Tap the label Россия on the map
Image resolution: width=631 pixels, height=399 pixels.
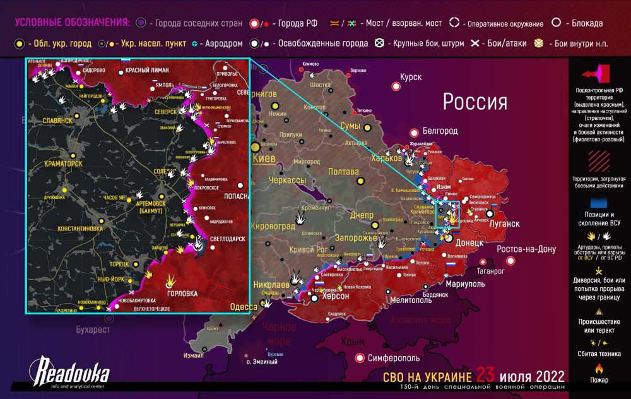pyautogui.click(x=475, y=102)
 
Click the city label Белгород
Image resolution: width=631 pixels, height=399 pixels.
pyautogui.click(x=440, y=131)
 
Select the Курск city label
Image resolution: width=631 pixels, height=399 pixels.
pyautogui.click(x=410, y=77)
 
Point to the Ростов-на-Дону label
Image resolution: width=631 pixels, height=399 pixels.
pyautogui.click(x=526, y=249)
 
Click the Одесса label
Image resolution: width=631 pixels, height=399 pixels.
pyautogui.click(x=244, y=307)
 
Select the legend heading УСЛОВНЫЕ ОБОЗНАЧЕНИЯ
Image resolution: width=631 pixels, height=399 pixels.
pyautogui.click(x=71, y=23)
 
